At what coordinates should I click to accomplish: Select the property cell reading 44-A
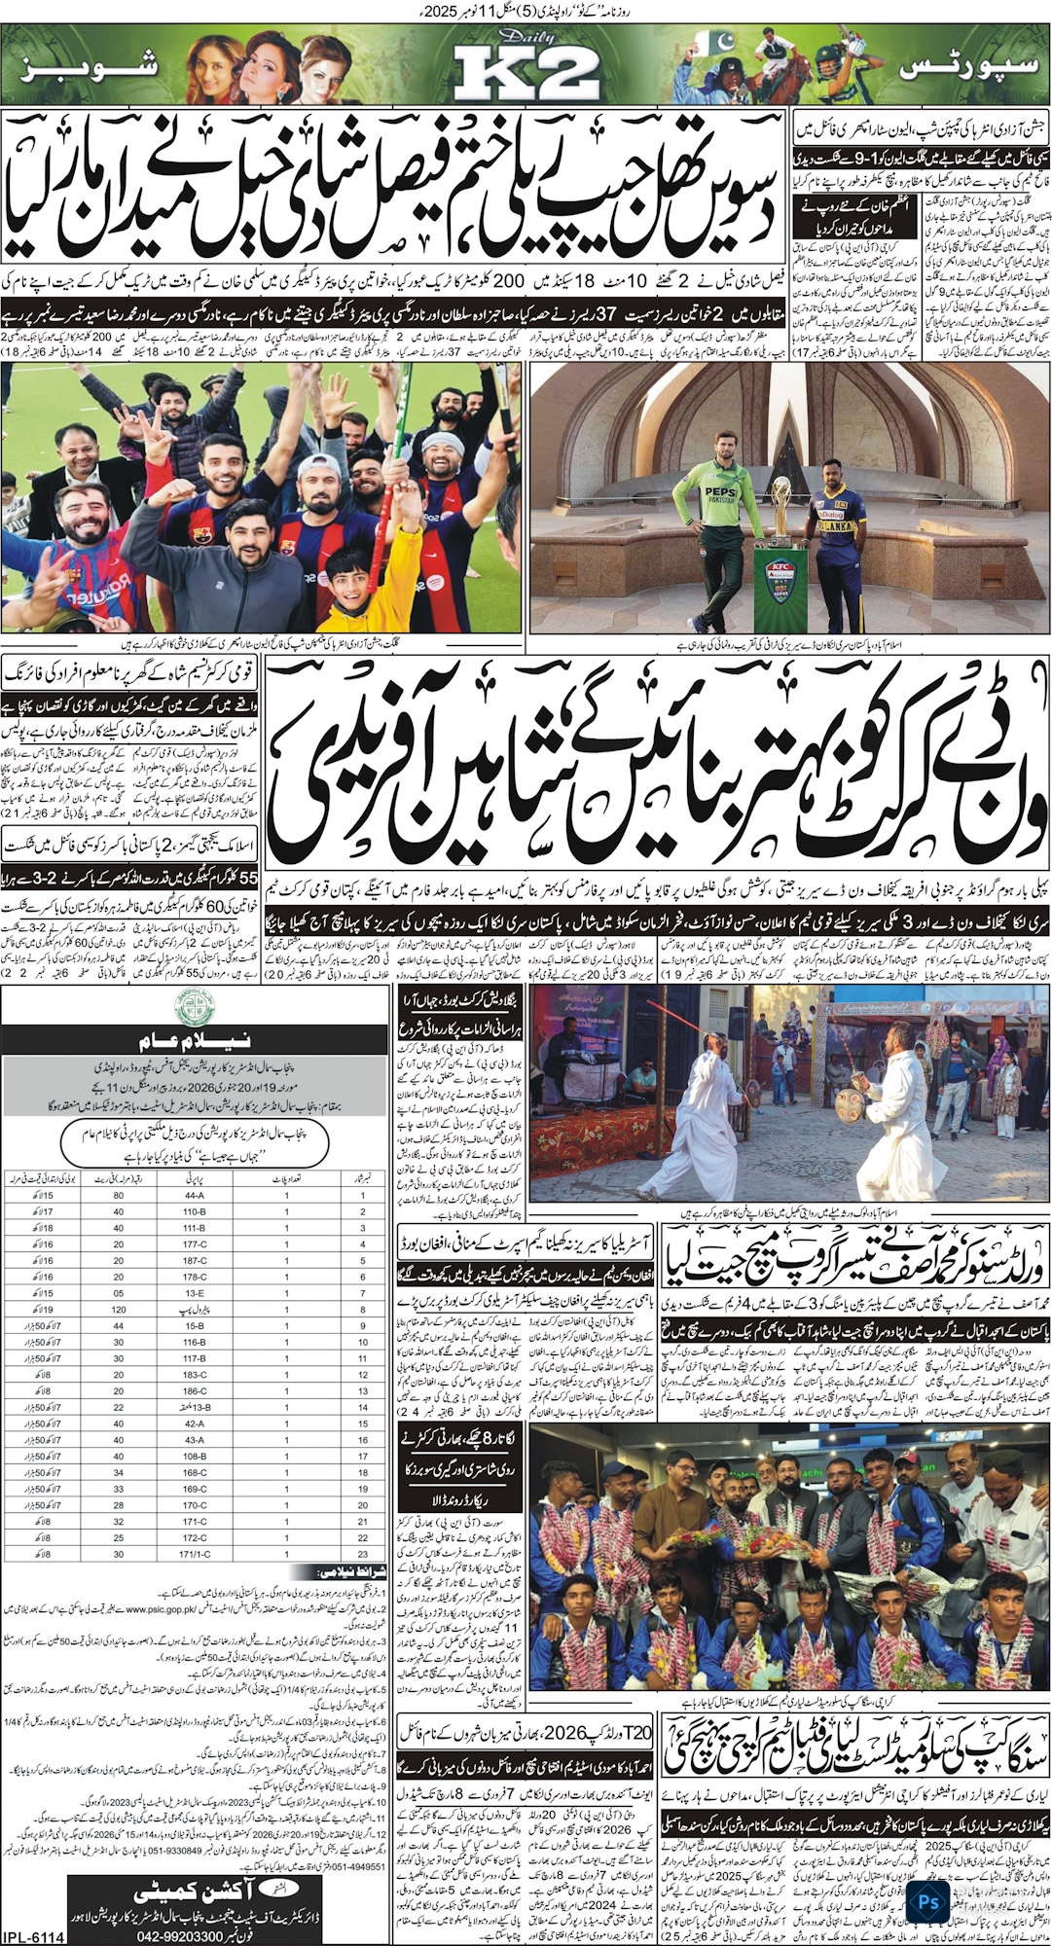click(195, 1195)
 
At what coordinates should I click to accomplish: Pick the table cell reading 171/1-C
click(195, 1556)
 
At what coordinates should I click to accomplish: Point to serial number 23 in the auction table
click(362, 1556)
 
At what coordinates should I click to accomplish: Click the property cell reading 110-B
click(195, 1211)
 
